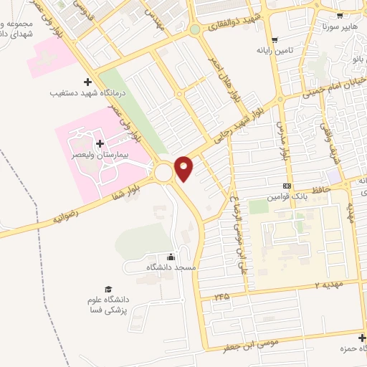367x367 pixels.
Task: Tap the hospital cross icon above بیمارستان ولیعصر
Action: [99, 144]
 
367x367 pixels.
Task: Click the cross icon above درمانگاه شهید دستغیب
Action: [87, 82]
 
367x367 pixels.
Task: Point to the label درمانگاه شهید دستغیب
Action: [83, 93]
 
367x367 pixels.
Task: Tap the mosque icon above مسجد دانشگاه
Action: [171, 257]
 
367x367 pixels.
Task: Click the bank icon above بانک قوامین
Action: [287, 185]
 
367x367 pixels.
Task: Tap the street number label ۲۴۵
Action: [221, 295]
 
